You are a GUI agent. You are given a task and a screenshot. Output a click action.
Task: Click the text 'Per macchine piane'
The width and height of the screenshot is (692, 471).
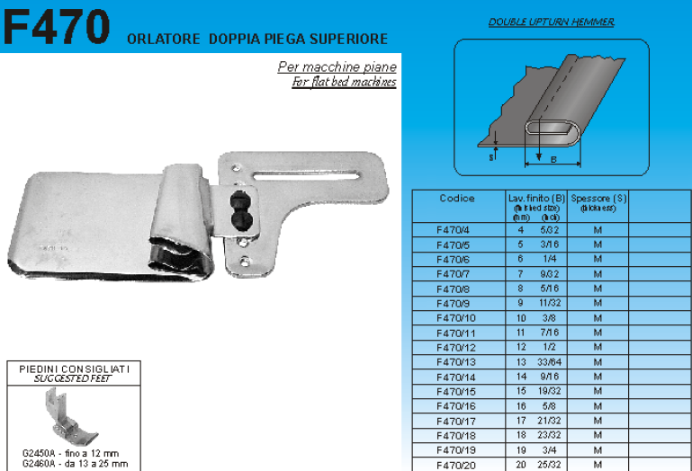337,67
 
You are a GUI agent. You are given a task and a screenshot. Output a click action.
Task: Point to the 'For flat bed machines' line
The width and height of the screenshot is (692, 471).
344,83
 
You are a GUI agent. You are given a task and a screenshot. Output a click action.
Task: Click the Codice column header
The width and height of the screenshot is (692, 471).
457,199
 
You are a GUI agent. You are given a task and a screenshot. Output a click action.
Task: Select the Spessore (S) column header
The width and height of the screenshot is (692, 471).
598,199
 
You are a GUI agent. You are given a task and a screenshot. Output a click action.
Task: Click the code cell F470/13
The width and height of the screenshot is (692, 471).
457,362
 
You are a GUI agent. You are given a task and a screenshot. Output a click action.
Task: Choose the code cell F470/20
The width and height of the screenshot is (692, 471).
457,465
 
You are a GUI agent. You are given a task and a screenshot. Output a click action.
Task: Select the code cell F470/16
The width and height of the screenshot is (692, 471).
457,406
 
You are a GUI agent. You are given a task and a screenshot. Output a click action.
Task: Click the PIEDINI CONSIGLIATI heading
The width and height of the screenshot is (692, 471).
75,369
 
